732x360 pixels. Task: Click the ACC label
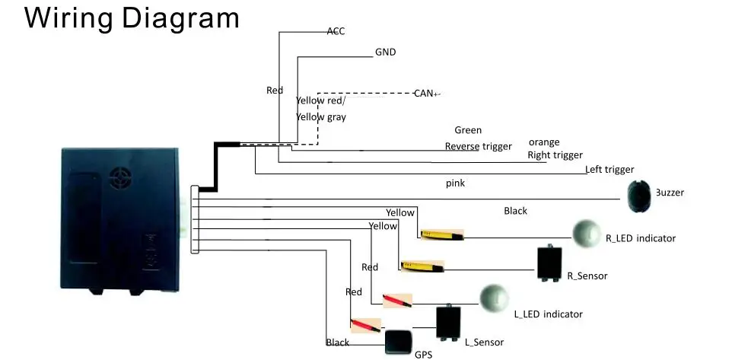[x=336, y=31]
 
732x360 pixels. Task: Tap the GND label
[x=386, y=53]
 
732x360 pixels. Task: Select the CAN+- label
[x=427, y=94]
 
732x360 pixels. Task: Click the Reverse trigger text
[x=478, y=146]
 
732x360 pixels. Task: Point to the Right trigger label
[x=555, y=155]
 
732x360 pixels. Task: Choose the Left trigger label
[x=609, y=170]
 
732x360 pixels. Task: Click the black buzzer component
[x=639, y=196]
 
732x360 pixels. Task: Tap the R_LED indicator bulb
[x=587, y=233]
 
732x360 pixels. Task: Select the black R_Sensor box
[x=549, y=263]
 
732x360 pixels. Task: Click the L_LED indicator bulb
[x=494, y=298]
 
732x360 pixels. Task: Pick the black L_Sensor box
[x=448, y=322]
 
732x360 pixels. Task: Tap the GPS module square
[x=398, y=342]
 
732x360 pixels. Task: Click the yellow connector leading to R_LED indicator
[x=442, y=235]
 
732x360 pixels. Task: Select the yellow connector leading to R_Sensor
[x=422, y=266]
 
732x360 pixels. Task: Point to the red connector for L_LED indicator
[x=397, y=301]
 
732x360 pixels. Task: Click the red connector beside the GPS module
[x=365, y=325]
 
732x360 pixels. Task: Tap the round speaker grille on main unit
[x=120, y=178]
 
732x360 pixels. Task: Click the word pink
[x=455, y=183]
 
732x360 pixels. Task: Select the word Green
[x=468, y=130]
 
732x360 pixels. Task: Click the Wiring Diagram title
[x=132, y=18]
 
